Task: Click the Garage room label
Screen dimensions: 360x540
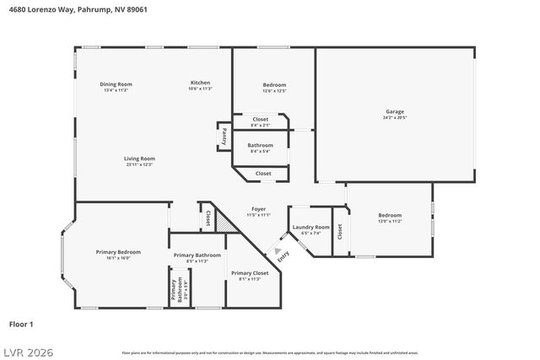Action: [x=395, y=112]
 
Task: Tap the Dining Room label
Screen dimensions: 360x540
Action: [x=116, y=84]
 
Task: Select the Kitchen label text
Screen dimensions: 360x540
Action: [x=200, y=83]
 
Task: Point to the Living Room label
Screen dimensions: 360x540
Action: [x=139, y=159]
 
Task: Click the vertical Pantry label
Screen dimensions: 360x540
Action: [x=224, y=134]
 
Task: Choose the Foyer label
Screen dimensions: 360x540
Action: [x=258, y=209]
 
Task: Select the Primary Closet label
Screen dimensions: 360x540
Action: [x=250, y=273]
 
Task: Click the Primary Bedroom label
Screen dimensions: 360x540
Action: [x=117, y=252]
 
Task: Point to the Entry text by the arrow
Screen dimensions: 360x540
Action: [x=281, y=255]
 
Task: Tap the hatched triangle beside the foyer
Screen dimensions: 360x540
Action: [x=222, y=223]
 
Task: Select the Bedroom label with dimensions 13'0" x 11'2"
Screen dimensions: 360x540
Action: [x=389, y=216]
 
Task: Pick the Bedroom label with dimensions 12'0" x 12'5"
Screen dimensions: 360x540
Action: [x=274, y=85]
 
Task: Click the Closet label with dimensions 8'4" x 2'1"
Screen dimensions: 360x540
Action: [x=261, y=120]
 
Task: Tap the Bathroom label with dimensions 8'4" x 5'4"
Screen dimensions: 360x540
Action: [x=260, y=146]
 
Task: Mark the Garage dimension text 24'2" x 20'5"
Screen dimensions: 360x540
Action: [x=395, y=118]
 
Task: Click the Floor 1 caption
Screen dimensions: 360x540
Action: [x=21, y=324]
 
